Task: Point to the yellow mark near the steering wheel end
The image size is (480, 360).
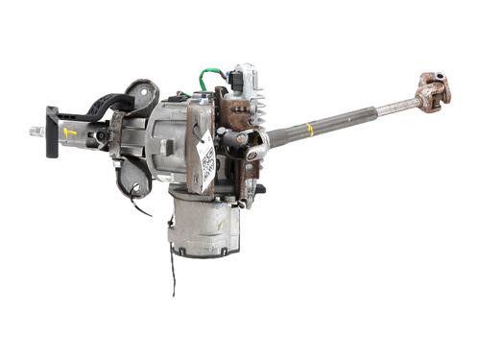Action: (x=70, y=132)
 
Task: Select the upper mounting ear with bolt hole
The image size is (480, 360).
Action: (x=144, y=95)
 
